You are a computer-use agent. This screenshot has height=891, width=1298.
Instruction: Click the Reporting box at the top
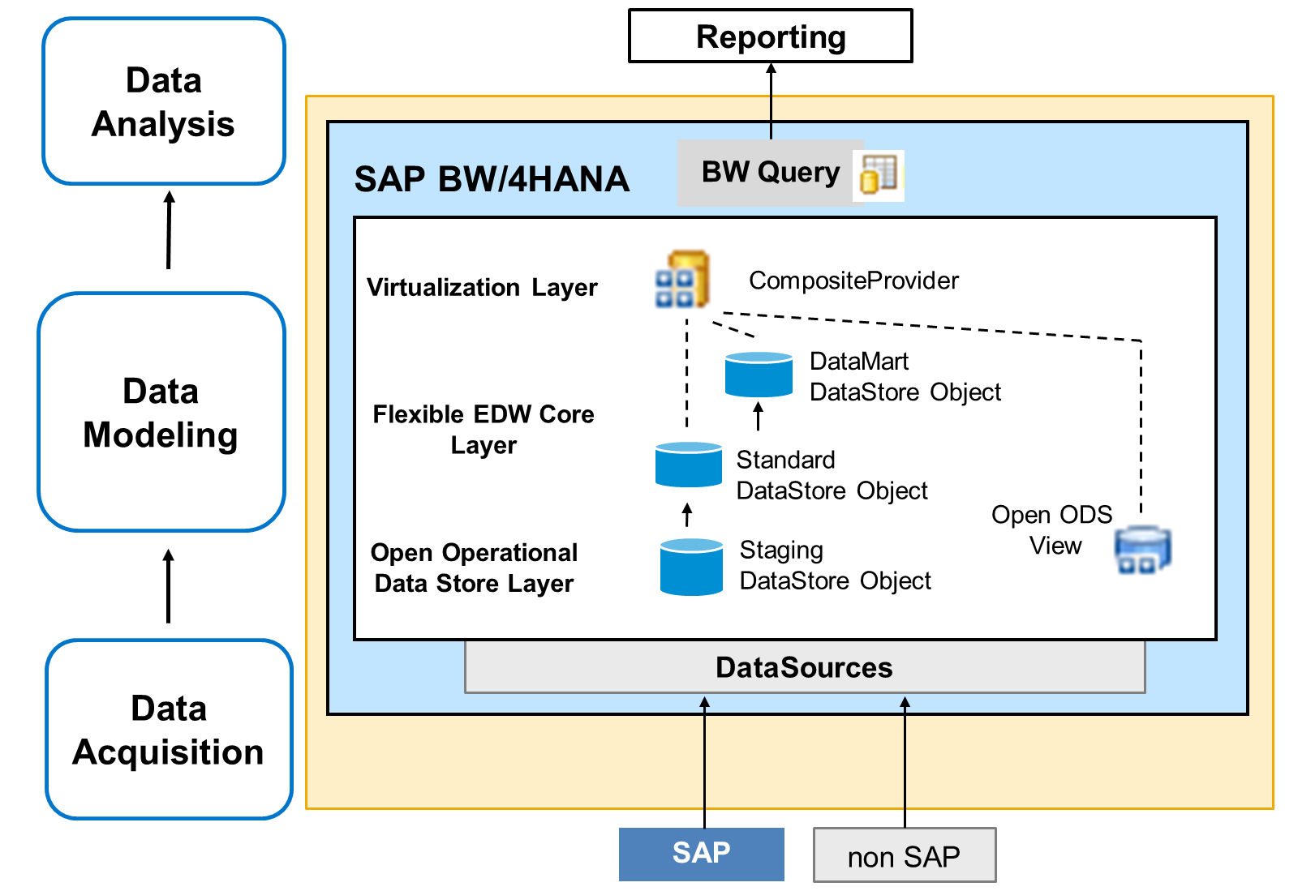[x=770, y=36]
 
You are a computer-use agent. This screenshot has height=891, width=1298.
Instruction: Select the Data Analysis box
[x=164, y=101]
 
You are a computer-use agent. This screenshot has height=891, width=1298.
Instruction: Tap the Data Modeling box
[x=161, y=412]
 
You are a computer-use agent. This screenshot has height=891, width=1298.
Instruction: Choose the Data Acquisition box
[x=169, y=729]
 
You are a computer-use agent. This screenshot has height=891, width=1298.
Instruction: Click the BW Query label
[x=770, y=173]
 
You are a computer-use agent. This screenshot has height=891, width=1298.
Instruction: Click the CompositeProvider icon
[x=682, y=279]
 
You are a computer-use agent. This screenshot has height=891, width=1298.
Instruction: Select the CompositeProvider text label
[x=853, y=281]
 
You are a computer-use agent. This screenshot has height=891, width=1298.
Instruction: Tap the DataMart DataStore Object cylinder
[x=759, y=374]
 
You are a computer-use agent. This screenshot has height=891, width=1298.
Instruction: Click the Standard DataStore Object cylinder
[x=689, y=465]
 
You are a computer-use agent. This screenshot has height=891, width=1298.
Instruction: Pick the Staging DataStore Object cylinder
[x=691, y=567]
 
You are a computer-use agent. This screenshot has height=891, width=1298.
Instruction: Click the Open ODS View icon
[x=1143, y=550]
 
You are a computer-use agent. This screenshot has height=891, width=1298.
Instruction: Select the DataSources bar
[x=805, y=667]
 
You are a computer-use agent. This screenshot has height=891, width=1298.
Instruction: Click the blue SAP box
[x=701, y=854]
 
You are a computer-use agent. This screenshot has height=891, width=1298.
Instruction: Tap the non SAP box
[x=905, y=855]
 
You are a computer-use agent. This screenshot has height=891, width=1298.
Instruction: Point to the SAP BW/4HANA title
[x=492, y=179]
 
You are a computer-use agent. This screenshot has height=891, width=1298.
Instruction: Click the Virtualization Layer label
[x=482, y=288]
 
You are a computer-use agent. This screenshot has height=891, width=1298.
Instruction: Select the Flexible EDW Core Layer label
[x=484, y=430]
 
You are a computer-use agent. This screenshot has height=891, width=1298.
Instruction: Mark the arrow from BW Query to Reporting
[x=771, y=101]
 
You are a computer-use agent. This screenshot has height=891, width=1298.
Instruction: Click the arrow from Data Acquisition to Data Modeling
[x=168, y=586]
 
